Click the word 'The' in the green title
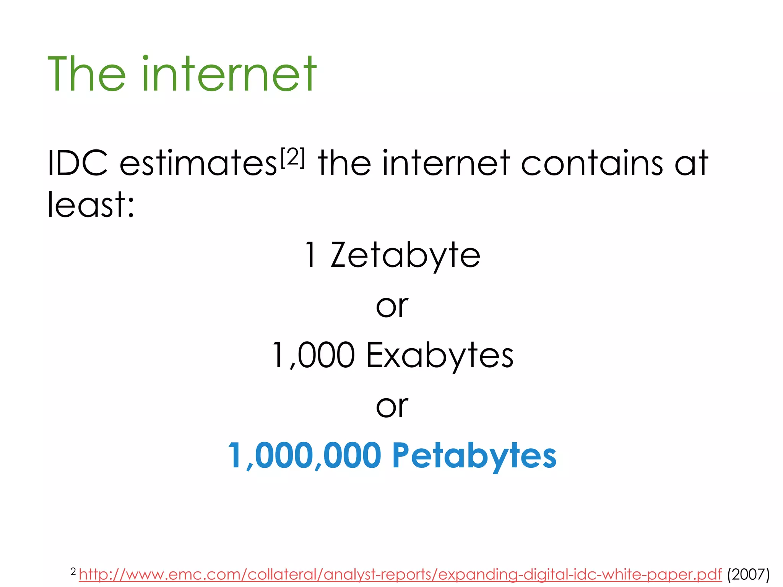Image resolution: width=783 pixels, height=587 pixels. pos(86,74)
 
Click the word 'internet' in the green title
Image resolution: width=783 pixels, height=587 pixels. pos(229,74)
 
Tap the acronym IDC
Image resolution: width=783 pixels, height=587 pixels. pos(77,163)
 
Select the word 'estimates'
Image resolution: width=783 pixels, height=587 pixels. pos(198,164)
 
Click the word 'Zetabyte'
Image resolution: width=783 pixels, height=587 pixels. pos(405,255)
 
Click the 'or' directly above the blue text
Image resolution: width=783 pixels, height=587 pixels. pos(392,406)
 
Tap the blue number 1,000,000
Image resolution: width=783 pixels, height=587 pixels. pos(304,455)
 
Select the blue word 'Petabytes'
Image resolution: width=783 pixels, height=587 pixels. pos(474,456)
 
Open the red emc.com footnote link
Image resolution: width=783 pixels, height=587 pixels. pos(400,574)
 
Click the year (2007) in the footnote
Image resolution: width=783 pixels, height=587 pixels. pos(748,574)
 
